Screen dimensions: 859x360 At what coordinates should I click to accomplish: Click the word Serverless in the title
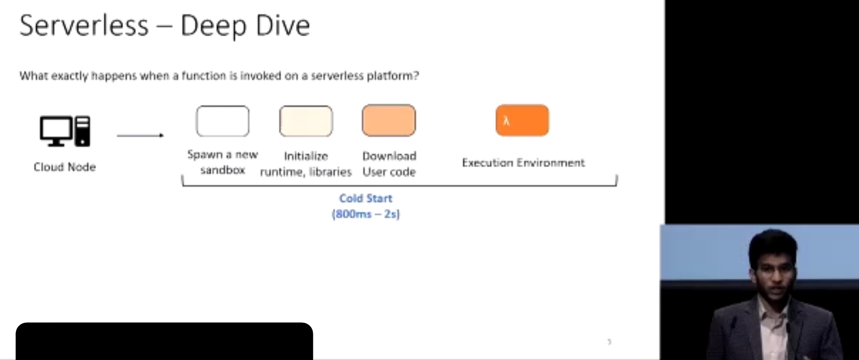[x=84, y=25]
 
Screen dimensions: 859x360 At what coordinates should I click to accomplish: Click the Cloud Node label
[x=65, y=167]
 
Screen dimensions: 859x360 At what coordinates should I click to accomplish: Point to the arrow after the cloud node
[x=141, y=135]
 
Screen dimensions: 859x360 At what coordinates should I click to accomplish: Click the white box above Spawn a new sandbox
[x=223, y=121]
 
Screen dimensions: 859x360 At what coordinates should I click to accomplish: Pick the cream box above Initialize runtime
[x=306, y=121]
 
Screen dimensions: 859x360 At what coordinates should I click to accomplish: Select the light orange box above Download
[x=389, y=120]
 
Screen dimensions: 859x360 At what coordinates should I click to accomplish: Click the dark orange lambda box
[x=522, y=120]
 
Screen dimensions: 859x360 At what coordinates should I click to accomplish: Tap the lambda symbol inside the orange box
[x=506, y=121]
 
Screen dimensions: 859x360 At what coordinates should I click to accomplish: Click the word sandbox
[x=223, y=170]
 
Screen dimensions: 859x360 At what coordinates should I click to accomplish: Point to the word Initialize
[x=306, y=156]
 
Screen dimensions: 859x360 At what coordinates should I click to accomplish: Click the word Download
[x=390, y=156]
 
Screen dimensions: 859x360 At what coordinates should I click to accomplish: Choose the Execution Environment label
[x=523, y=163]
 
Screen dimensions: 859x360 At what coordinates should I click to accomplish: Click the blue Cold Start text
[x=366, y=198]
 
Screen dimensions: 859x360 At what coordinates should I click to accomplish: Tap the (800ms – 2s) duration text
[x=366, y=214]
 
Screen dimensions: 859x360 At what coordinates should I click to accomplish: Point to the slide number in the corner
[x=610, y=342]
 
